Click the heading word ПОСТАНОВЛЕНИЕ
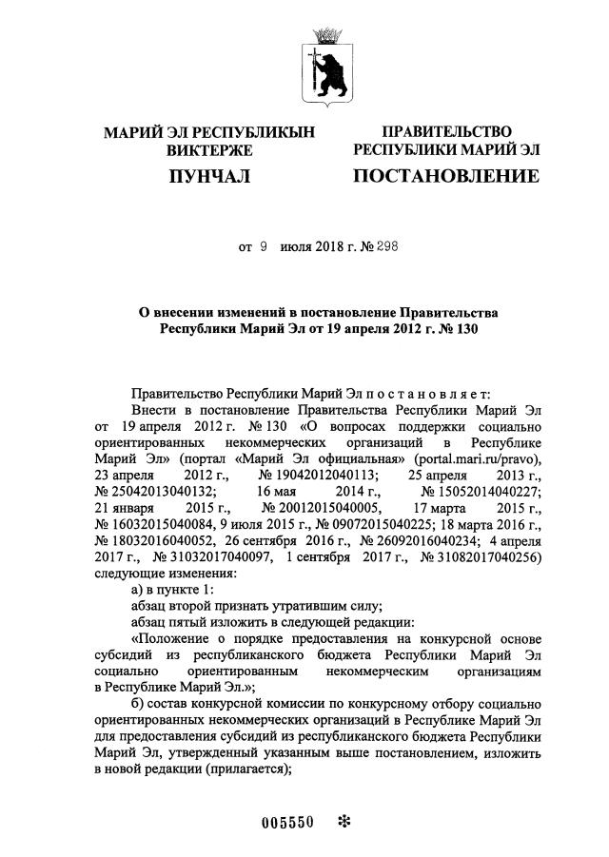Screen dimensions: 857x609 point(446,176)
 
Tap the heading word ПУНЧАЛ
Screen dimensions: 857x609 point(208,176)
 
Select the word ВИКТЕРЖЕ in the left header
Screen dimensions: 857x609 point(208,150)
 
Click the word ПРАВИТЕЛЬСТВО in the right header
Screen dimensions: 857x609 point(446,131)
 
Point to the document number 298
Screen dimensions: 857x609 point(385,246)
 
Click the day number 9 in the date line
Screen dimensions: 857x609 point(264,246)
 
